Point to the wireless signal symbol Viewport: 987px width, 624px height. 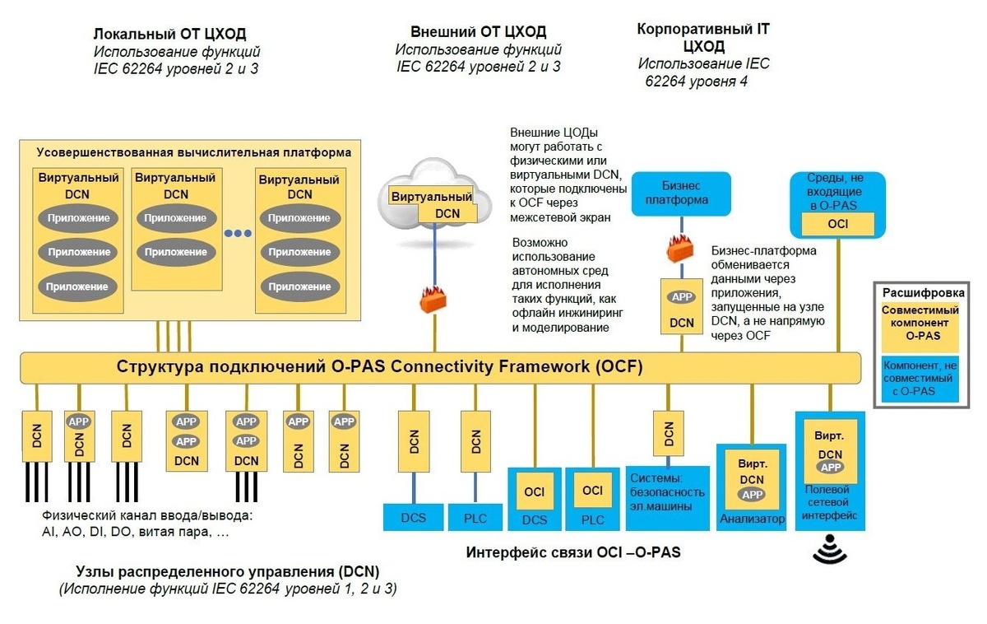pyautogui.click(x=829, y=551)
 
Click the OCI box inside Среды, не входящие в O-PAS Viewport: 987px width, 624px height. pyautogui.click(x=837, y=223)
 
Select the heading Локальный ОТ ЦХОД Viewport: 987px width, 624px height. pyautogui.click(x=169, y=34)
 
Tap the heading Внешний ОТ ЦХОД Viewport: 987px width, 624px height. pyautogui.click(x=478, y=32)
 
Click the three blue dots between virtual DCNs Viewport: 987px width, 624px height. pyautogui.click(x=238, y=233)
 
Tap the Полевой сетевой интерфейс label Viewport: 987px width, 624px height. pyautogui.click(x=830, y=503)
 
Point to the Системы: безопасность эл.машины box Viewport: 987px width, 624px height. pyautogui.click(x=668, y=491)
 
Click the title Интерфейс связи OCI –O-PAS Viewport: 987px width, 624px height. pyautogui.click(x=573, y=552)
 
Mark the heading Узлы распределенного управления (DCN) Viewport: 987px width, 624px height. pyautogui.click(x=228, y=571)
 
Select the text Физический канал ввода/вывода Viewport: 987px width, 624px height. pyautogui.click(x=146, y=516)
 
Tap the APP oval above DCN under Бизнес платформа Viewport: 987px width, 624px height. pyautogui.click(x=682, y=297)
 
